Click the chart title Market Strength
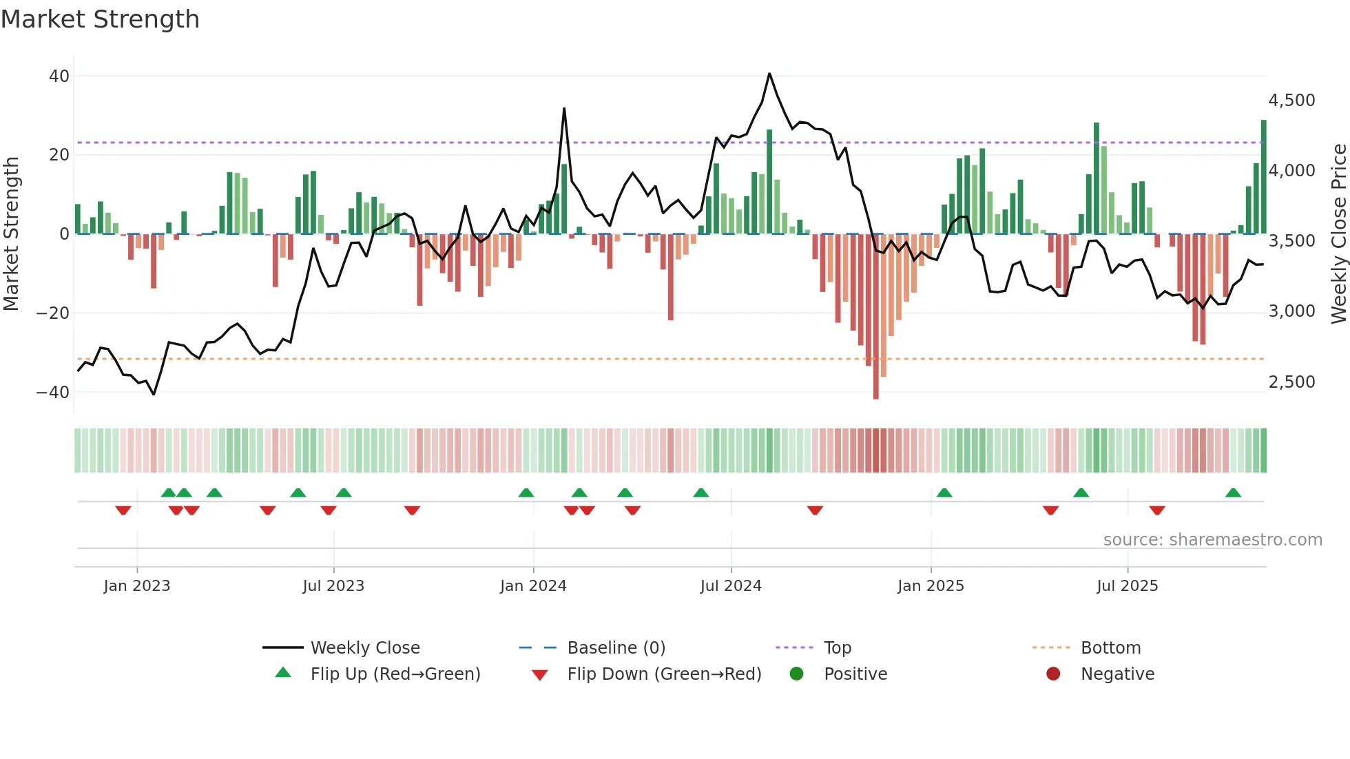[x=100, y=19]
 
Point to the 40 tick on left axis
[x=59, y=76]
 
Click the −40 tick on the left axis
[x=53, y=393]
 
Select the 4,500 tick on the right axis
[x=1291, y=101]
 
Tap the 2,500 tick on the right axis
[x=1291, y=382]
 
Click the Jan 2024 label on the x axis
[x=533, y=586]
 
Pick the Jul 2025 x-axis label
[x=1127, y=586]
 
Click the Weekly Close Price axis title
[x=1338, y=234]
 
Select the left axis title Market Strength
[x=11, y=234]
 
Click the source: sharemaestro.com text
[x=1212, y=540]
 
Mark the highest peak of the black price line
[x=769, y=74]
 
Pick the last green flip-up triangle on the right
[x=1233, y=493]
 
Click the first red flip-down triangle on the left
[x=123, y=510]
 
